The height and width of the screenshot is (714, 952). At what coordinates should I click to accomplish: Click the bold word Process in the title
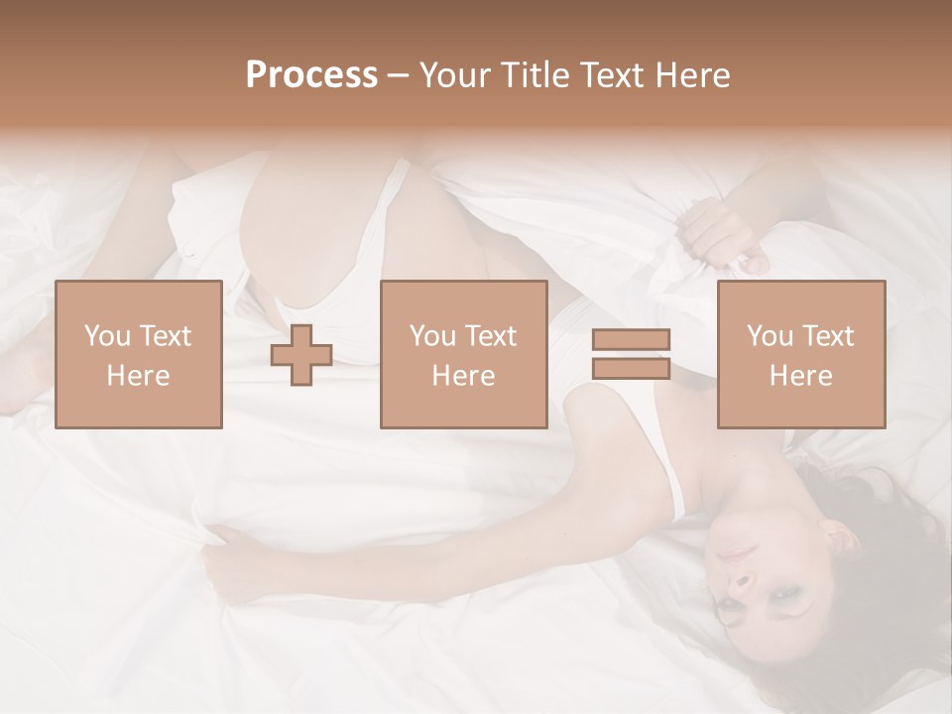[x=311, y=75]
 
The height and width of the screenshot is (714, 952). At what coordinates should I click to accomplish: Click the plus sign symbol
[x=301, y=355]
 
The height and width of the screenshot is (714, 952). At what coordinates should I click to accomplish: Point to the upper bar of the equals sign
[x=631, y=339]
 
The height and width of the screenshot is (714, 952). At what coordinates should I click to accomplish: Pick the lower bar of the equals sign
[x=631, y=368]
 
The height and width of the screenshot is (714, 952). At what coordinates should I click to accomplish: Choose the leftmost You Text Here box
[x=138, y=354]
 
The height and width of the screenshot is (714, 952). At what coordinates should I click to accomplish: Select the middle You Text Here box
[x=463, y=354]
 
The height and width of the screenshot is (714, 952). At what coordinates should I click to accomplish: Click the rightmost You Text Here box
[x=800, y=354]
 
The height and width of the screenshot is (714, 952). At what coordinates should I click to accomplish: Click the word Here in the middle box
[x=463, y=375]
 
